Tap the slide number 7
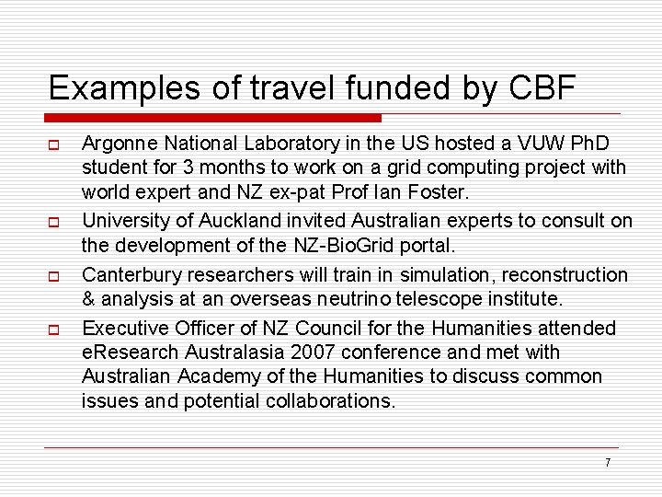tap(608, 462)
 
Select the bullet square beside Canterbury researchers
tap(54, 276)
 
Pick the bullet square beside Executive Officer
tap(54, 329)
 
